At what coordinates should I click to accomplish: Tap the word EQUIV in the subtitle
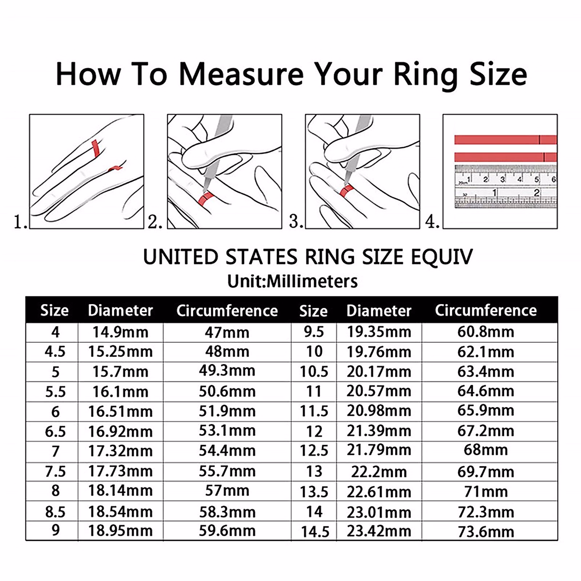click(441, 257)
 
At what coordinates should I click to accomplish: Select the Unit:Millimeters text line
click(292, 281)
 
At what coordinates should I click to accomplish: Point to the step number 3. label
click(296, 221)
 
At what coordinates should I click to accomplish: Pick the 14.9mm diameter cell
click(120, 332)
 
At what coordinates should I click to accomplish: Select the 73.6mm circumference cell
click(486, 532)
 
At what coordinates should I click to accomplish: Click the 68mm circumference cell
click(486, 450)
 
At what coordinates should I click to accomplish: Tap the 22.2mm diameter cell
click(379, 471)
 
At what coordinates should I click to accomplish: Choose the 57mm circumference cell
click(227, 491)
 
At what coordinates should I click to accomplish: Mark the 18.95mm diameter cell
click(120, 531)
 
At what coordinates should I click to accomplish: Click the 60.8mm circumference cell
click(486, 332)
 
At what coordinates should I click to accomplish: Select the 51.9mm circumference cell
click(227, 411)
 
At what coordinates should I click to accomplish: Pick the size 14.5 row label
click(315, 532)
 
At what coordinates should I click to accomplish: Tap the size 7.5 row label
click(55, 471)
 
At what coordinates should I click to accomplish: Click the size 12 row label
click(314, 431)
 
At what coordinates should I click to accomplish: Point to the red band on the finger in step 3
click(346, 190)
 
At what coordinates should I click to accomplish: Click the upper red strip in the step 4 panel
click(505, 140)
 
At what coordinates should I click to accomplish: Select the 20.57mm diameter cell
click(379, 391)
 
